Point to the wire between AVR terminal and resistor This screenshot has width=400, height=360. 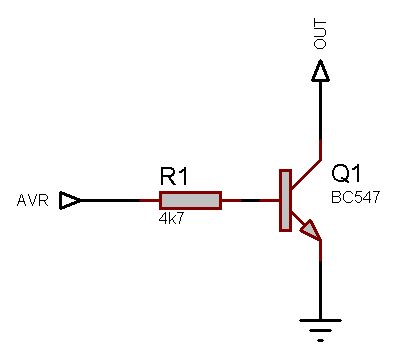pos(115,200)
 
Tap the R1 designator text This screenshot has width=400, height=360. pos(174,177)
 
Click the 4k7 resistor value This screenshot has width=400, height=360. pos(171,217)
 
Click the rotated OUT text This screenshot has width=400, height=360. pos(321,36)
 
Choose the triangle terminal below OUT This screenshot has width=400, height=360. pos(320,71)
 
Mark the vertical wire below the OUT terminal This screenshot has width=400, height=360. pos(320,110)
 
